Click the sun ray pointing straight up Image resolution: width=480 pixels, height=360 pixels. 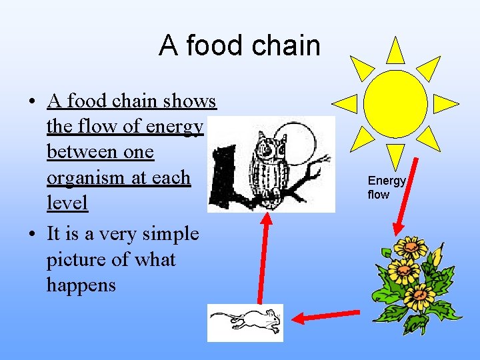[x=395, y=51]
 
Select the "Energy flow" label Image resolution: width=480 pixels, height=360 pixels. [x=387, y=187]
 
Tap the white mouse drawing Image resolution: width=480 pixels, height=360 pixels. [x=245, y=323]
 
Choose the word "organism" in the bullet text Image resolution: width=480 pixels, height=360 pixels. [x=85, y=178]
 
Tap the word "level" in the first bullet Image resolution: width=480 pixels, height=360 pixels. [x=67, y=203]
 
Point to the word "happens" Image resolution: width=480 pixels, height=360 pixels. [x=81, y=285]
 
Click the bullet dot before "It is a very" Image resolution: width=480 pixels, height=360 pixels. [x=31, y=234]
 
